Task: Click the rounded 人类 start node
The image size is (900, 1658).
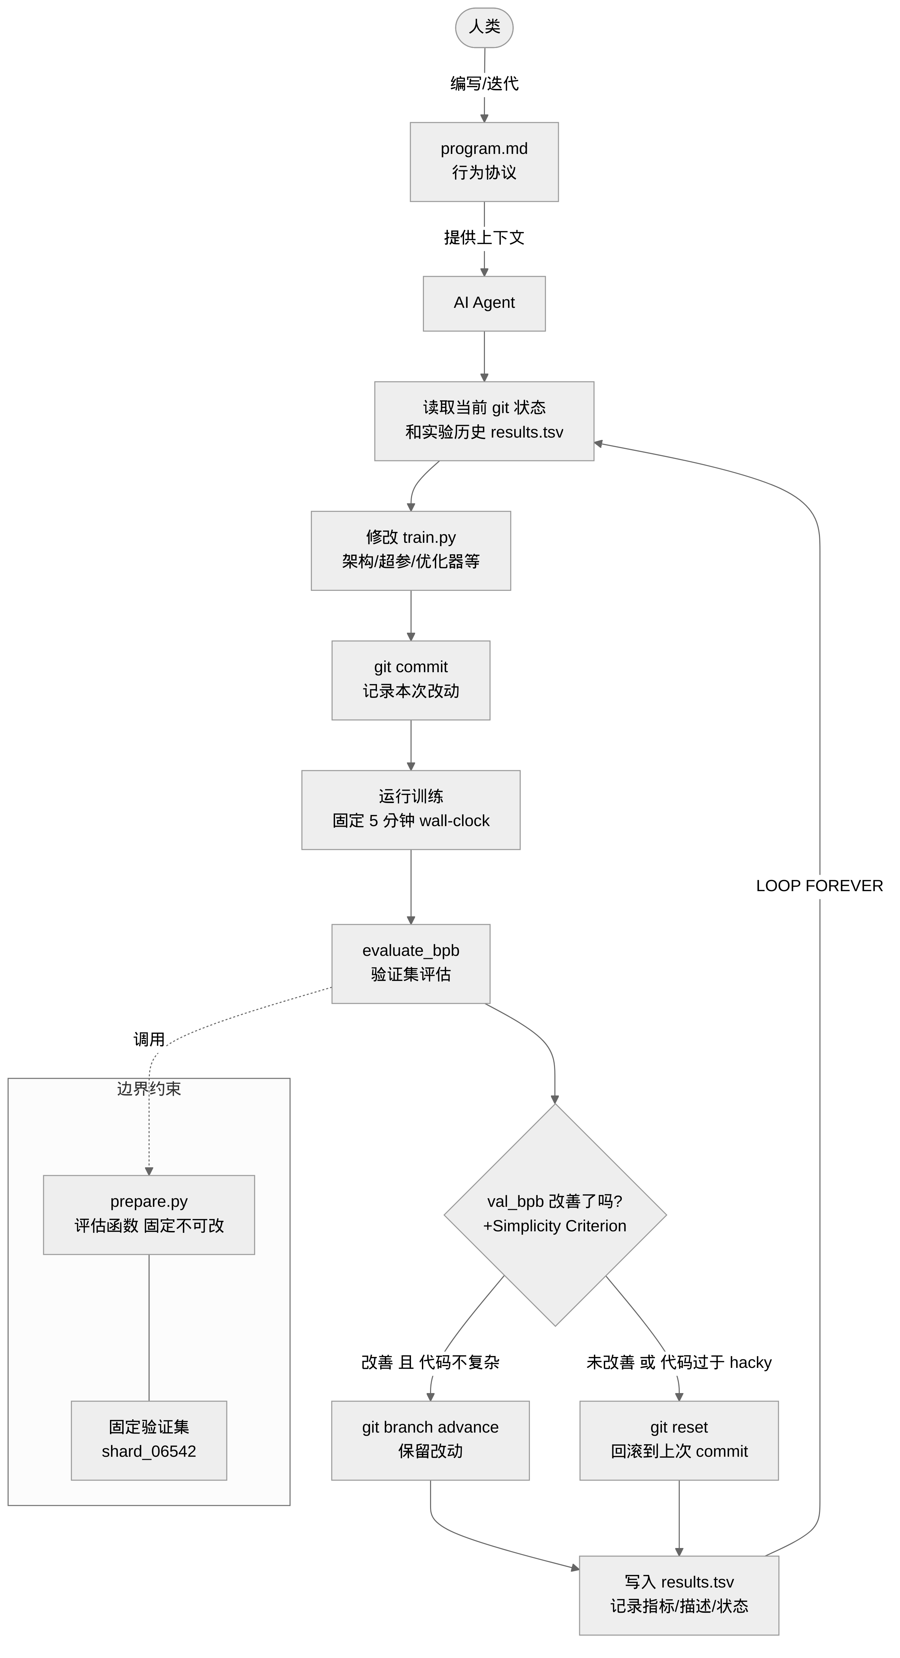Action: (x=484, y=28)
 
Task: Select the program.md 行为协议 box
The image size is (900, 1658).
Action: (x=484, y=161)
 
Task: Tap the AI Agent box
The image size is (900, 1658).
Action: (x=484, y=303)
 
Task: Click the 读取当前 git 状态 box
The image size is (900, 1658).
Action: (x=484, y=421)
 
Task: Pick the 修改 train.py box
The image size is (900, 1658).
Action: (x=411, y=550)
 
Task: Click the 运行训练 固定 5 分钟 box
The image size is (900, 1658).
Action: (x=411, y=810)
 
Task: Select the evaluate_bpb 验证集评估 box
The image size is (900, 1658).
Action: (x=411, y=964)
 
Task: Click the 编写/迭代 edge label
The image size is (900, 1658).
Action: (x=484, y=84)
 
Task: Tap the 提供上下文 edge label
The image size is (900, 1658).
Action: (x=484, y=237)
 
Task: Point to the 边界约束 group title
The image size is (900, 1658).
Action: (x=149, y=1088)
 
